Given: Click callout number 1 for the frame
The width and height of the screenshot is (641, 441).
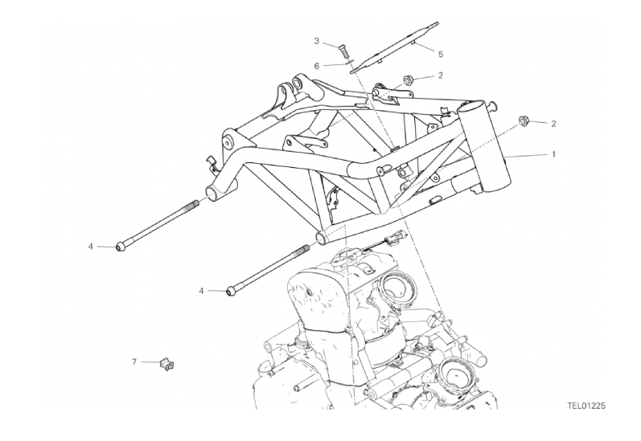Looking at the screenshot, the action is [x=553, y=154].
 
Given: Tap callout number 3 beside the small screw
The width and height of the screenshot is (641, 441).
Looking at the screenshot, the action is [x=317, y=41].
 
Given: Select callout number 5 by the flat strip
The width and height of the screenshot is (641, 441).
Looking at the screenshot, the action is [x=440, y=54].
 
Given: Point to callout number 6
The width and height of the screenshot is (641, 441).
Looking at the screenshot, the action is [x=317, y=66].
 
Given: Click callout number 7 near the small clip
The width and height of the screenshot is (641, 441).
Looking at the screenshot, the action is [x=134, y=361].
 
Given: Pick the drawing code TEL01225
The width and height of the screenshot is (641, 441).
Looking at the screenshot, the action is [x=586, y=406].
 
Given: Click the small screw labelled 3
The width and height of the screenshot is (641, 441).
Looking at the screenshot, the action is [x=343, y=52].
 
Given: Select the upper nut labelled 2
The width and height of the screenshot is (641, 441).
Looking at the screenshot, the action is [x=408, y=80].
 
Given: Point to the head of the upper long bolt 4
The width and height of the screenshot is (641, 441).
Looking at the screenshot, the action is [x=121, y=247].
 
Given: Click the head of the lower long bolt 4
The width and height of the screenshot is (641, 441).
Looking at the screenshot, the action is [x=232, y=291].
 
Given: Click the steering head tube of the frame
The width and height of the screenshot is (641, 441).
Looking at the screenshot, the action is [x=485, y=147].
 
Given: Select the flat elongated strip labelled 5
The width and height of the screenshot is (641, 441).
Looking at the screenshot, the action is [x=395, y=47].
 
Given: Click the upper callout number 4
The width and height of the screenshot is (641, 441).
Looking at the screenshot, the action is [x=91, y=247].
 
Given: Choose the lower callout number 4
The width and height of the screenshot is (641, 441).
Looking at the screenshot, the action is [x=201, y=291].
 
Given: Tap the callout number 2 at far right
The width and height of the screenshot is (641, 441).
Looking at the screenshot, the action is [x=553, y=124].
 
